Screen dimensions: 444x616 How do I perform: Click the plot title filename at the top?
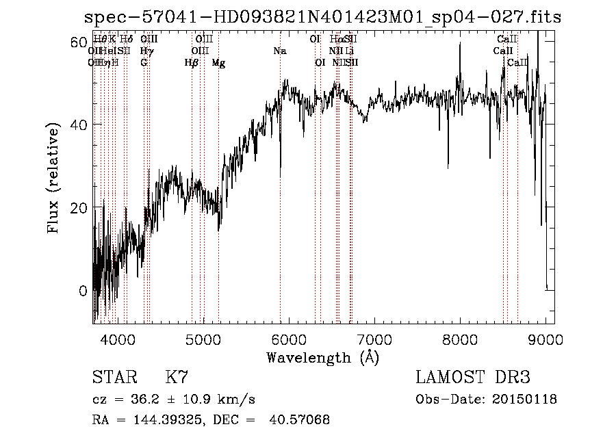tap(322, 18)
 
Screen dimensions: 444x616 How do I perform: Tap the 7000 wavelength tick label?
tap(374, 339)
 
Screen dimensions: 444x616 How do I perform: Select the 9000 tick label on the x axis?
tap(546, 339)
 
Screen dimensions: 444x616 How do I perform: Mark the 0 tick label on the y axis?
tap(83, 291)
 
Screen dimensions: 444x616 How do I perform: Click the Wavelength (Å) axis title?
tap(322, 357)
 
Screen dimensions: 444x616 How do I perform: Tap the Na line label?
tap(279, 51)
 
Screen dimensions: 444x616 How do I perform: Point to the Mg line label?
tap(218, 63)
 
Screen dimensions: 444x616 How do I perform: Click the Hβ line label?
tap(192, 63)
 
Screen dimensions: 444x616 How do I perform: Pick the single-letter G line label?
tap(144, 63)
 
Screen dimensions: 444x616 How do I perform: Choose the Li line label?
tap(350, 51)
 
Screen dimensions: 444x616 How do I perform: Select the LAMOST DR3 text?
tap(473, 378)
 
